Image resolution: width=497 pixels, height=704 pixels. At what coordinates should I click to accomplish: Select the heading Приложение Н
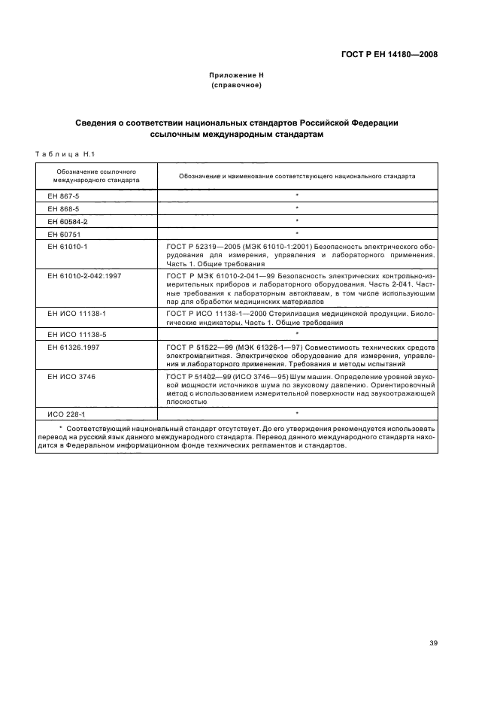pyautogui.click(x=236, y=76)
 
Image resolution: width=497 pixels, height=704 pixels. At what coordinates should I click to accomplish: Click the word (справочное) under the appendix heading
pyautogui.click(x=236, y=86)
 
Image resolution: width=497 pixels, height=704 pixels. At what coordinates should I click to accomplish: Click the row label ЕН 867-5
pyautogui.click(x=63, y=195)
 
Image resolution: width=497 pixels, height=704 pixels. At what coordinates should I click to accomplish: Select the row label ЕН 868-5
pyautogui.click(x=63, y=208)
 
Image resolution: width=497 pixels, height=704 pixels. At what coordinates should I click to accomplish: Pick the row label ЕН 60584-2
pyautogui.click(x=68, y=221)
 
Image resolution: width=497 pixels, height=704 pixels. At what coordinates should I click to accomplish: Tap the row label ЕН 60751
pyautogui.click(x=65, y=234)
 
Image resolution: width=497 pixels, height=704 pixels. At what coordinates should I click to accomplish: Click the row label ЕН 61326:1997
pyautogui.click(x=74, y=346)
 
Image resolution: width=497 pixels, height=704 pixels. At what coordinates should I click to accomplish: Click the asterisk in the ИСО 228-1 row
pyautogui.click(x=297, y=414)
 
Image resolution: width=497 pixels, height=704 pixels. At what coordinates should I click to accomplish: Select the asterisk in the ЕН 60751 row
pyautogui.click(x=297, y=234)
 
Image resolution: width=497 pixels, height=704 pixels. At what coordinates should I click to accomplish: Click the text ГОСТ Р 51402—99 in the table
pyautogui.click(x=193, y=375)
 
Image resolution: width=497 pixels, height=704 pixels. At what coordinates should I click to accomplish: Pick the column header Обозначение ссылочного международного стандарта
pyautogui.click(x=96, y=176)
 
